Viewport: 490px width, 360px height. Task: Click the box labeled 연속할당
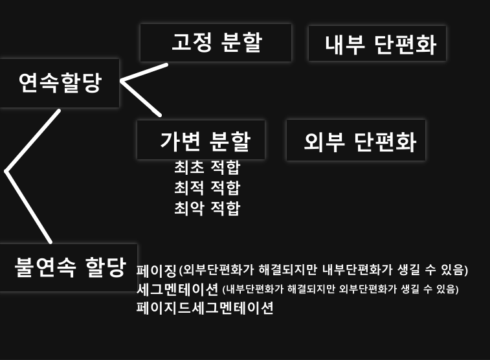coord(60,83)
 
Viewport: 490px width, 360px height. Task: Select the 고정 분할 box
coord(216,43)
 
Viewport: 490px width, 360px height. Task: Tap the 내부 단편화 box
coord(377,43)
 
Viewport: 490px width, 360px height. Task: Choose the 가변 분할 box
coord(201,140)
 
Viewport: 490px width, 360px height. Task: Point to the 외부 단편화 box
coord(356,140)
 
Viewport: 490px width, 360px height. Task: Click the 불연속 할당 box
coord(69,268)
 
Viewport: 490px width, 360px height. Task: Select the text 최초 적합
coord(207,168)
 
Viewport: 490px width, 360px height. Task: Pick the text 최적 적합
coord(207,188)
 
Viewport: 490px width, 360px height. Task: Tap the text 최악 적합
coord(207,208)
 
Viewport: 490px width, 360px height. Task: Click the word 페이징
coord(157,271)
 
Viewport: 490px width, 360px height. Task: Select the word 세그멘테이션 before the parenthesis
coord(177,289)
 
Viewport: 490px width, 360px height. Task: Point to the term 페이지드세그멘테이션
coord(205,308)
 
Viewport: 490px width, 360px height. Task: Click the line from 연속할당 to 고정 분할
coord(144,73)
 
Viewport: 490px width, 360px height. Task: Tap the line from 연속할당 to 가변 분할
coord(140,98)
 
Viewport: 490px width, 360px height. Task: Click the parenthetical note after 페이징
coord(324,270)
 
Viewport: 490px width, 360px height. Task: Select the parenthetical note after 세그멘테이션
coord(340,289)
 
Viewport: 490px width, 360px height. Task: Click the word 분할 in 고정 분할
coord(241,42)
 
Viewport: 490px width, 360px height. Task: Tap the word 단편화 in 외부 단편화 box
coord(385,142)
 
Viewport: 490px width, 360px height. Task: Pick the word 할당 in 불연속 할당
coord(106,267)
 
